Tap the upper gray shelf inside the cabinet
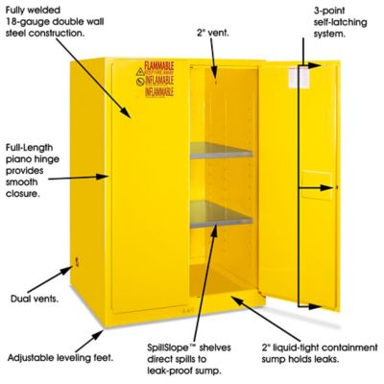[220, 149]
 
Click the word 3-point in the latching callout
[330, 10]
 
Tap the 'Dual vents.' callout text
[32, 299]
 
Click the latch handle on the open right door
[330, 185]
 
